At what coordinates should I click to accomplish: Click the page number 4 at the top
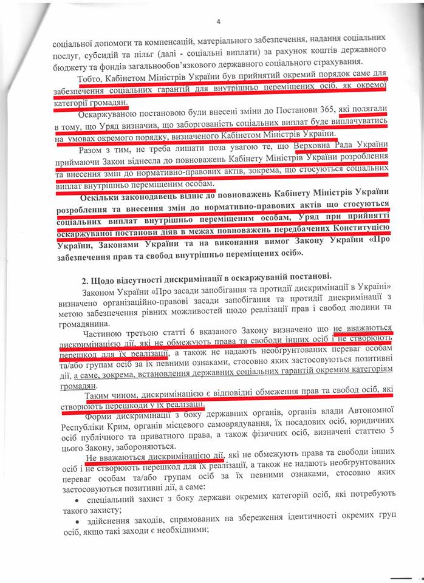[217, 23]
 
